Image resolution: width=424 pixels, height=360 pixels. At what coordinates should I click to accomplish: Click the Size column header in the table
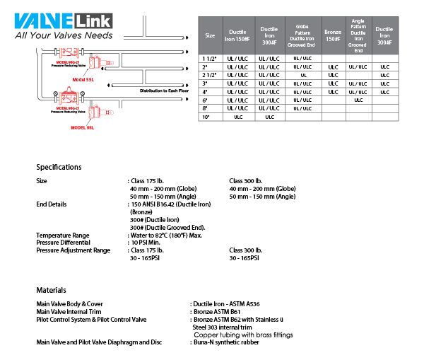[210, 35]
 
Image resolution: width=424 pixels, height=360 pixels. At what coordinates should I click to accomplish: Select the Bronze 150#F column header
[333, 35]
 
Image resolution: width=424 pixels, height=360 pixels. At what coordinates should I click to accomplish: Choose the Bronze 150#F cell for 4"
[333, 91]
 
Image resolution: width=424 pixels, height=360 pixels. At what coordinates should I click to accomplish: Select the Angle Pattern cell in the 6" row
[358, 100]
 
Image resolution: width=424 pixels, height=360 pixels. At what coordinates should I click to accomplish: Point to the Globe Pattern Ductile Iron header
[302, 35]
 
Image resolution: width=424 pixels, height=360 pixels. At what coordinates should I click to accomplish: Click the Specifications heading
[59, 168]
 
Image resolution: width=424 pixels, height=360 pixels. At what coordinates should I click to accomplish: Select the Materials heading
[52, 290]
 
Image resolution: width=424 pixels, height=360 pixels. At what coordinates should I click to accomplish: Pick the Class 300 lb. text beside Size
[246, 181]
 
